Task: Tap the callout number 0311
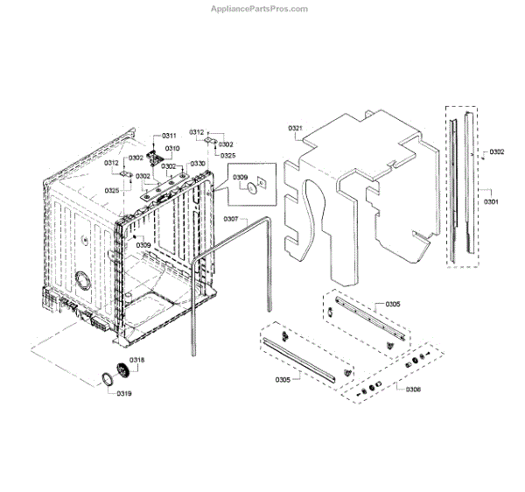(169, 136)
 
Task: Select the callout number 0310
(172, 149)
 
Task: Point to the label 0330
(198, 164)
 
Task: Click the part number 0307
(231, 218)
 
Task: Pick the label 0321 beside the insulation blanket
(295, 130)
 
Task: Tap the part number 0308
(413, 388)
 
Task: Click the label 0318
(137, 361)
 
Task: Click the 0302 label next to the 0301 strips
(496, 152)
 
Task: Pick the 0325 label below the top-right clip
(227, 155)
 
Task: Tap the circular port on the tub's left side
(83, 281)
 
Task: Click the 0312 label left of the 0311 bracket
(111, 164)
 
